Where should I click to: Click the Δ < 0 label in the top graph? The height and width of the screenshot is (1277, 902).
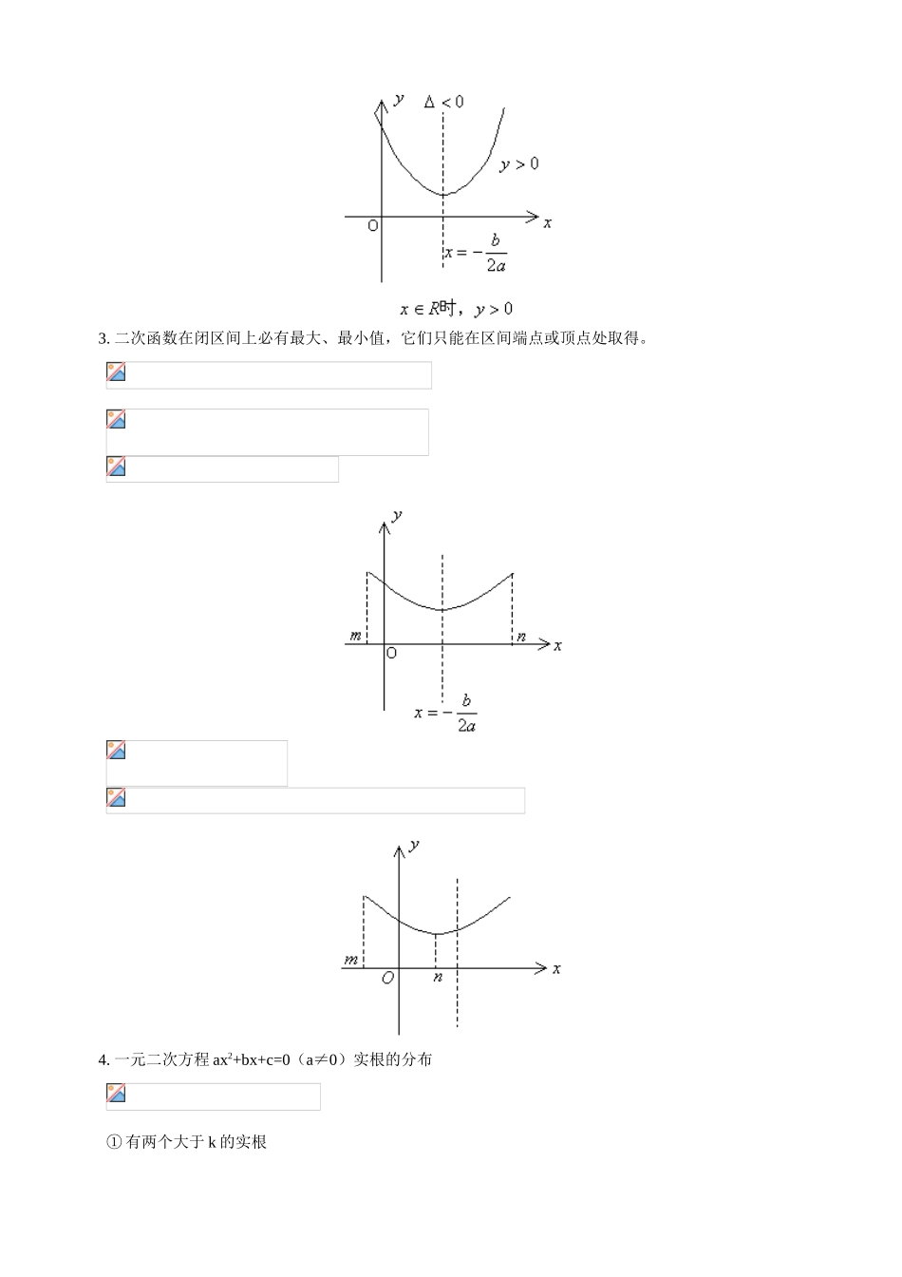click(x=443, y=102)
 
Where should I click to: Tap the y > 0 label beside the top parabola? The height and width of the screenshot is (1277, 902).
click(x=519, y=164)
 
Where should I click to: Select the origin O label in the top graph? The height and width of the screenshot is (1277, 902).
click(x=372, y=226)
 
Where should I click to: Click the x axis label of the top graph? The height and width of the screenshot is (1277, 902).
click(x=548, y=223)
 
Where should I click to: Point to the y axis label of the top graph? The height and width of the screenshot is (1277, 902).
click(x=400, y=98)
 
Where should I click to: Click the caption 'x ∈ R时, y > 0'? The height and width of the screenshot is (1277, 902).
click(x=456, y=309)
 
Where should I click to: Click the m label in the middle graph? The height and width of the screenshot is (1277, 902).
click(x=355, y=636)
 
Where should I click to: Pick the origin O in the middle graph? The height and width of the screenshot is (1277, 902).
click(x=391, y=654)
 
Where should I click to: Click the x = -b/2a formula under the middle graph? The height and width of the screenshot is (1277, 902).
click(x=446, y=713)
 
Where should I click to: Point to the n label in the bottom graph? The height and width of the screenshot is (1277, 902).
click(x=437, y=976)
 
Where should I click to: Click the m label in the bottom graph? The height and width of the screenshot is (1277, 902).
click(x=351, y=961)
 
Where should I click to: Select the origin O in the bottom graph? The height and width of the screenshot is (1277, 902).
click(x=387, y=978)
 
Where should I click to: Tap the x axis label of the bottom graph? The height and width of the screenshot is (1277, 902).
click(x=556, y=969)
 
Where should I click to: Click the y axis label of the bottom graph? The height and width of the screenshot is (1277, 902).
click(x=415, y=845)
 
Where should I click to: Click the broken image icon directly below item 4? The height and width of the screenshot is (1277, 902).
click(x=116, y=1094)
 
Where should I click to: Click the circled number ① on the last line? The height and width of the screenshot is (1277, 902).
click(x=114, y=1142)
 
